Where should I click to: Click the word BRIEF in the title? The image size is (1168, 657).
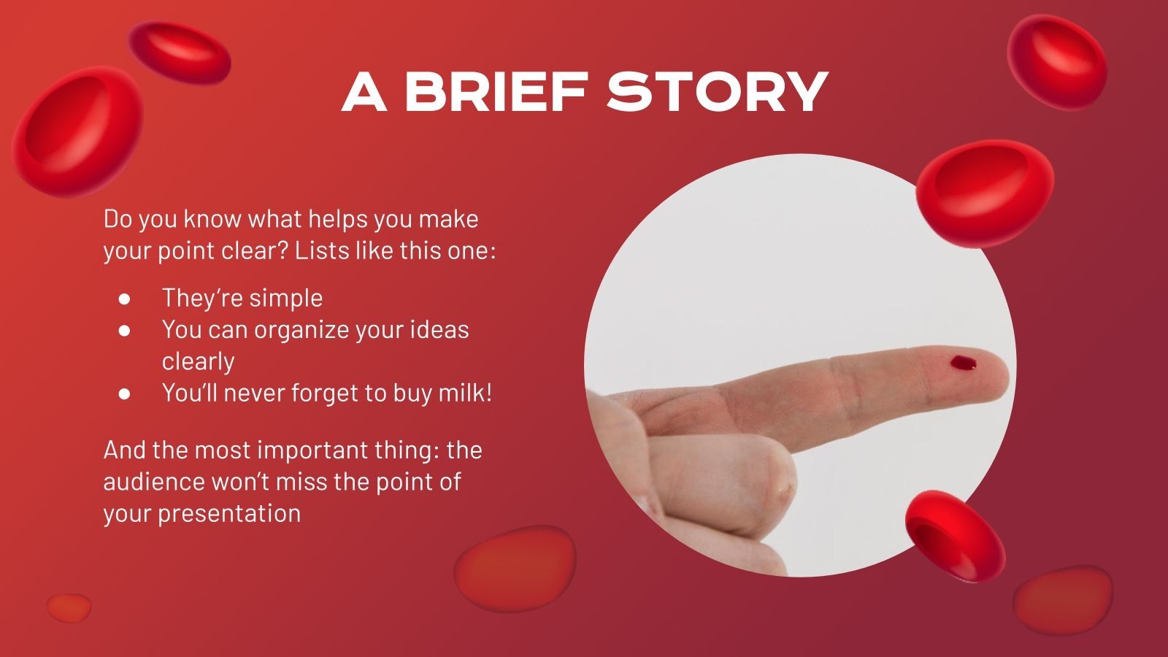[x=496, y=92]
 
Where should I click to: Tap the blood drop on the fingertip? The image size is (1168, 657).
[x=964, y=362]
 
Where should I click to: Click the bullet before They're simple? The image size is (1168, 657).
[x=125, y=299]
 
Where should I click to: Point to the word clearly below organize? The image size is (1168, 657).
[x=198, y=361]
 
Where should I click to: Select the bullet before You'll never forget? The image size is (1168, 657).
[x=125, y=393]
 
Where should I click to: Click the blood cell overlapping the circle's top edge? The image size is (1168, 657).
[x=984, y=192]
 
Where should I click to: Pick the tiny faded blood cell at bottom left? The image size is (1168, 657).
[x=69, y=607]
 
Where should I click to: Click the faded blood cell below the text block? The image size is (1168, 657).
[x=515, y=567]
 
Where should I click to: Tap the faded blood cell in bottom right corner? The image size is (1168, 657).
[x=1062, y=598]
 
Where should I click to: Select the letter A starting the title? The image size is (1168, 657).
[x=364, y=92]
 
